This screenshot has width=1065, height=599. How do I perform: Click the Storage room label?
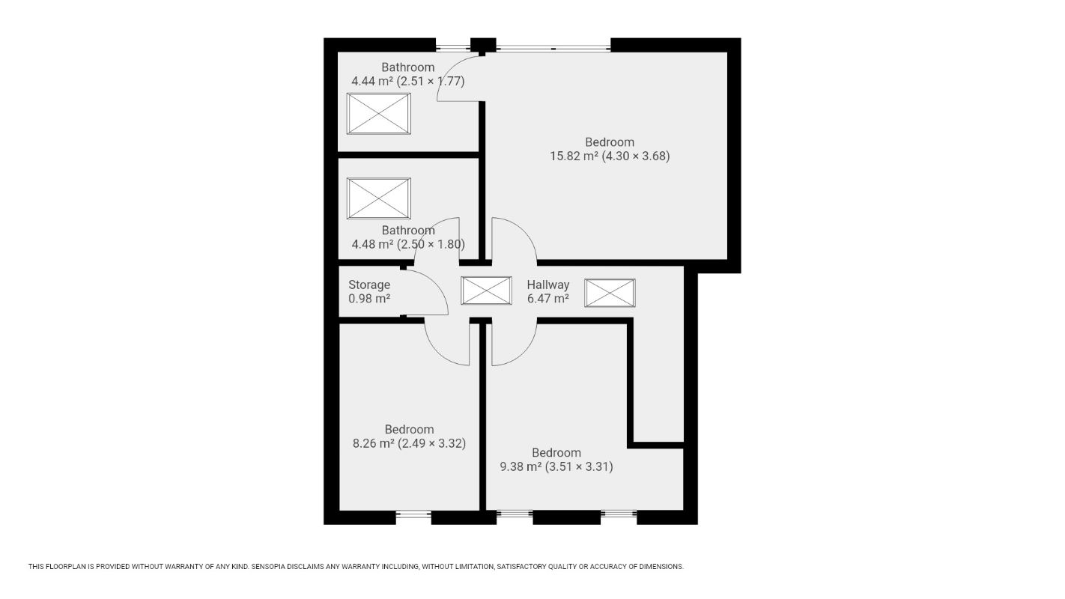369,285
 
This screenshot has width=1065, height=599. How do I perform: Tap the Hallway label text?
547,285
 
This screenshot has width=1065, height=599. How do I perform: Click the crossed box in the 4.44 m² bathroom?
378,114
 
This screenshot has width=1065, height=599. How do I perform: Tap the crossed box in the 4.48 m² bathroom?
378,198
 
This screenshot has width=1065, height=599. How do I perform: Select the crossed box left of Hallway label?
486,291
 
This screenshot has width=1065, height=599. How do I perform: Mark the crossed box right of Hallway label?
610,293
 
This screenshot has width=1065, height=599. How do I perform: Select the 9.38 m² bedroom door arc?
525,352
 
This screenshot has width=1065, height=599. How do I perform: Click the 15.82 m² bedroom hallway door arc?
525,231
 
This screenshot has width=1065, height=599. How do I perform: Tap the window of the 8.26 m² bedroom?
413,514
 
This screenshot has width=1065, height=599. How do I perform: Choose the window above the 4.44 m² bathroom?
453,47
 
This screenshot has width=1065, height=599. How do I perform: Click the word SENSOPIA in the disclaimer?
269,567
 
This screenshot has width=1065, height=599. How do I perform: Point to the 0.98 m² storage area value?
369,299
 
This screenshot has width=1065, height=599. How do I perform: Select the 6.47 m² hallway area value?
547,299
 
